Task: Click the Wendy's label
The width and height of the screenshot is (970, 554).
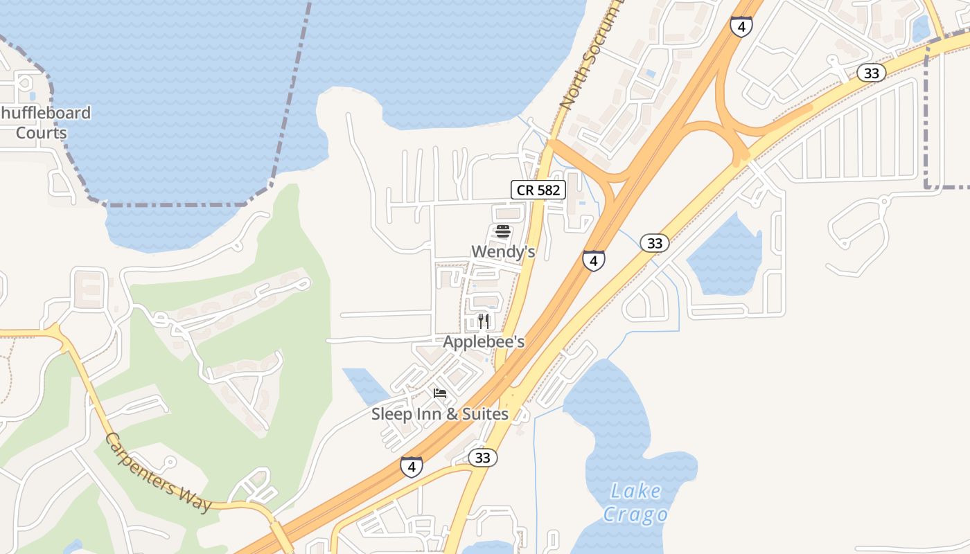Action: [503, 251]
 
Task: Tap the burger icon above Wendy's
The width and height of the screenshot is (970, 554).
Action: [503, 231]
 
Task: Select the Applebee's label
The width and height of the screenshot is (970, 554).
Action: [484, 342]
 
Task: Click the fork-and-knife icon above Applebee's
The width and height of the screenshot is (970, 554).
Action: [484, 321]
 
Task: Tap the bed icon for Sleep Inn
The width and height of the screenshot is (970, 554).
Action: [440, 393]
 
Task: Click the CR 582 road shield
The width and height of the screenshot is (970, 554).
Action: [538, 190]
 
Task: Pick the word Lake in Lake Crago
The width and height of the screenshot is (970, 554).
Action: [636, 492]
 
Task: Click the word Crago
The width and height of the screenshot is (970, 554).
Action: [635, 515]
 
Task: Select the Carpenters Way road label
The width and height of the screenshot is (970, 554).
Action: [159, 474]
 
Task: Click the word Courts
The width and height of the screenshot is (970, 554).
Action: [42, 133]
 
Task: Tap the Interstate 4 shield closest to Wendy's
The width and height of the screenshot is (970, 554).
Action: [593, 260]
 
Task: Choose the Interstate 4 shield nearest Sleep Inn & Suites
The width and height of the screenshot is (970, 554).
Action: [412, 467]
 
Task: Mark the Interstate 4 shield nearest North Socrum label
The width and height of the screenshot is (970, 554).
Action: [741, 27]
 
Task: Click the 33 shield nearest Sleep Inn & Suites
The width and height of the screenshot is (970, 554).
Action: [483, 458]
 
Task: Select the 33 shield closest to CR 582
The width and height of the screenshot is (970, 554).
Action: [654, 243]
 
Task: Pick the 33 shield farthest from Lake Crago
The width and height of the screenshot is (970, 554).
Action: [871, 73]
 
